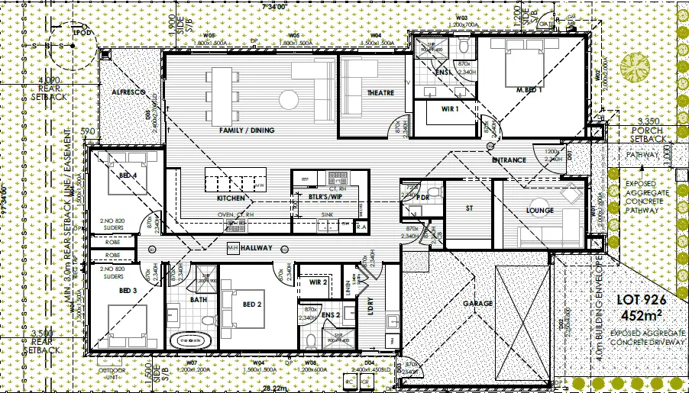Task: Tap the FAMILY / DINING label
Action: tap(246, 130)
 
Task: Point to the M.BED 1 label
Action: tap(529, 90)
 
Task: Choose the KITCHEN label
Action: tap(231, 198)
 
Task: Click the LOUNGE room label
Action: tap(539, 211)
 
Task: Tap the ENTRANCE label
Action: tap(509, 160)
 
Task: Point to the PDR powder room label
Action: tap(422, 198)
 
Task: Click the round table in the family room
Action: tap(288, 98)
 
